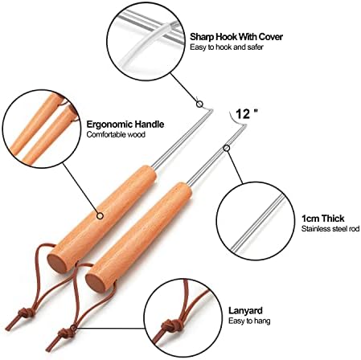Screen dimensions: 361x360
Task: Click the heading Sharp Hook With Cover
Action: [236, 37]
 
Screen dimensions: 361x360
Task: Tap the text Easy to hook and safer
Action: [227, 47]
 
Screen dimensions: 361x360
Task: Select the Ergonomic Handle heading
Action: [125, 125]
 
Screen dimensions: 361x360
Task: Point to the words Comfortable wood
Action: [116, 134]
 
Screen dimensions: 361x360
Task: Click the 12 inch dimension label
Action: [246, 113]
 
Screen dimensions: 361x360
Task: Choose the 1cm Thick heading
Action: [322, 219]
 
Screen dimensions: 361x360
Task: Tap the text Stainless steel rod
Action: [330, 229]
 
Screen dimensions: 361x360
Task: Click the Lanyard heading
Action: [245, 311]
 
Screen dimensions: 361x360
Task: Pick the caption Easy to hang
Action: [249, 321]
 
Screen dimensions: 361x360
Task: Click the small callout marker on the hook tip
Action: [199, 104]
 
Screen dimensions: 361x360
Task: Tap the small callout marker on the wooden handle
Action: [100, 215]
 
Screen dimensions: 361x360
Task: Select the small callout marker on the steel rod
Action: [227, 148]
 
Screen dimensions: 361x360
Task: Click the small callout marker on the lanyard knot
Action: [73, 328]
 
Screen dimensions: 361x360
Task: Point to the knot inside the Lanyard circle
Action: [170, 325]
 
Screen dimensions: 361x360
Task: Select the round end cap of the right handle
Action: [96, 282]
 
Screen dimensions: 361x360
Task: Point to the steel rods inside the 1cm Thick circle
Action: [258, 222]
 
